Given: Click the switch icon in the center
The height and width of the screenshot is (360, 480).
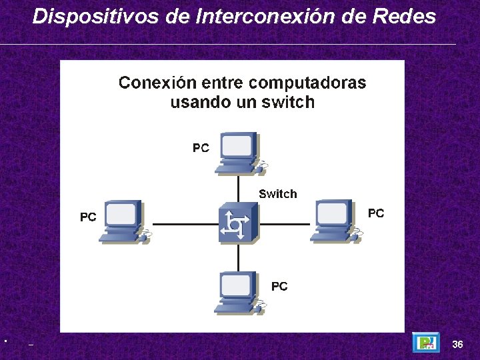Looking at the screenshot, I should [x=238, y=223].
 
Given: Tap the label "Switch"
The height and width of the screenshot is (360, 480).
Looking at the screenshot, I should [x=277, y=194].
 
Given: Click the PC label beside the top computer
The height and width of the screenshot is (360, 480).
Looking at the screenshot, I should [x=201, y=148].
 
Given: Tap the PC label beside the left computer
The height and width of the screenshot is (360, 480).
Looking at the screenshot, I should [x=88, y=217].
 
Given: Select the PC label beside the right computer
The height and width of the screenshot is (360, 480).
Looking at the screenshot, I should [x=376, y=213].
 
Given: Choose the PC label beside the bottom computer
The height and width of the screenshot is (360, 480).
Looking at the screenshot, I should [x=279, y=286].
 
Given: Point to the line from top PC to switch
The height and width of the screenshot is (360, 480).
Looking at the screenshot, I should [x=238, y=188].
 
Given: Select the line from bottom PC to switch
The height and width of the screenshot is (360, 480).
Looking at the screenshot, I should [x=238, y=257].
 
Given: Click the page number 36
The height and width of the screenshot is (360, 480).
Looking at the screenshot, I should [x=457, y=345].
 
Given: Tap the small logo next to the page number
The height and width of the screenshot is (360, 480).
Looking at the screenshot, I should [x=425, y=343].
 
